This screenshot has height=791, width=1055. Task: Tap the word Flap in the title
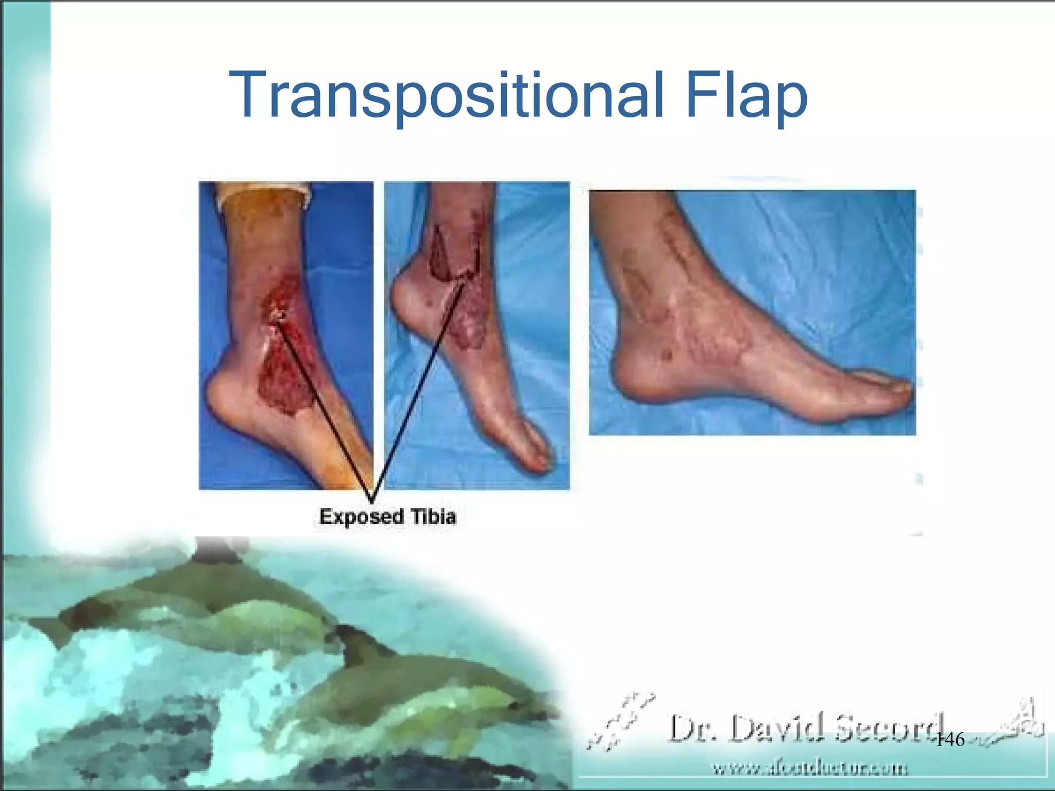[x=746, y=97]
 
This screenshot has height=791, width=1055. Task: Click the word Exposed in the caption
[x=362, y=517]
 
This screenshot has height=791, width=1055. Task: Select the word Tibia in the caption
[x=433, y=517]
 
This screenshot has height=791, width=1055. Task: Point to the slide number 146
[x=949, y=740]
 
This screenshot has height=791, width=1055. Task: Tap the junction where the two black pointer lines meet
[x=372, y=501]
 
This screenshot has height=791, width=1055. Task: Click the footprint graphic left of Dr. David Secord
[x=621, y=721]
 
